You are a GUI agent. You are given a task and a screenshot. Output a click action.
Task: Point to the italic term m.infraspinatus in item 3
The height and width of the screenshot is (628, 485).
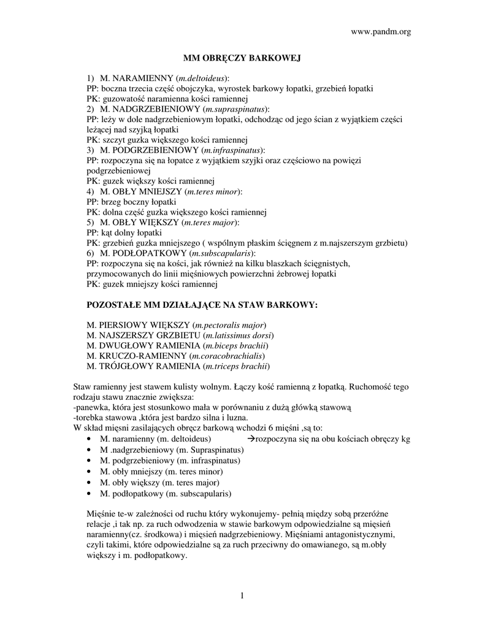(233, 150)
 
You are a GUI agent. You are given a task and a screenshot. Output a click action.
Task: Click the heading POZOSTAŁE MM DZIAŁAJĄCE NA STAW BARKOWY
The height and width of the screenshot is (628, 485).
(203, 304)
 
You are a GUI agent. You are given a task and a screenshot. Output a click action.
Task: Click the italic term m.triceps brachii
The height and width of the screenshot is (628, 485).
(236, 366)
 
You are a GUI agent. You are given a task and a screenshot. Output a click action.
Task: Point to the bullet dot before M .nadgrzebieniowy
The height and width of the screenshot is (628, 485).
(90, 451)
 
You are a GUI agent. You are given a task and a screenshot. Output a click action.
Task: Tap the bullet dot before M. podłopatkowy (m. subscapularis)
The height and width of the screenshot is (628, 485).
(90, 493)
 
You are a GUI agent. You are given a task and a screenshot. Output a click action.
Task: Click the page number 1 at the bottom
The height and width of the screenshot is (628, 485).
(242, 597)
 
